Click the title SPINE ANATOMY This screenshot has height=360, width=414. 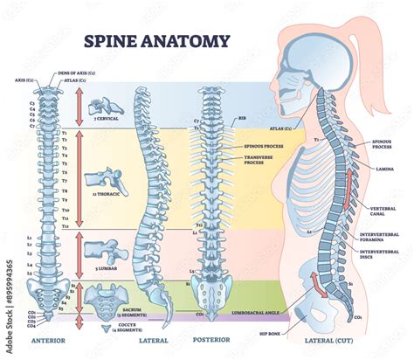(x=156, y=40)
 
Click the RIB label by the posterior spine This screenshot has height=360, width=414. (x=241, y=116)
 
